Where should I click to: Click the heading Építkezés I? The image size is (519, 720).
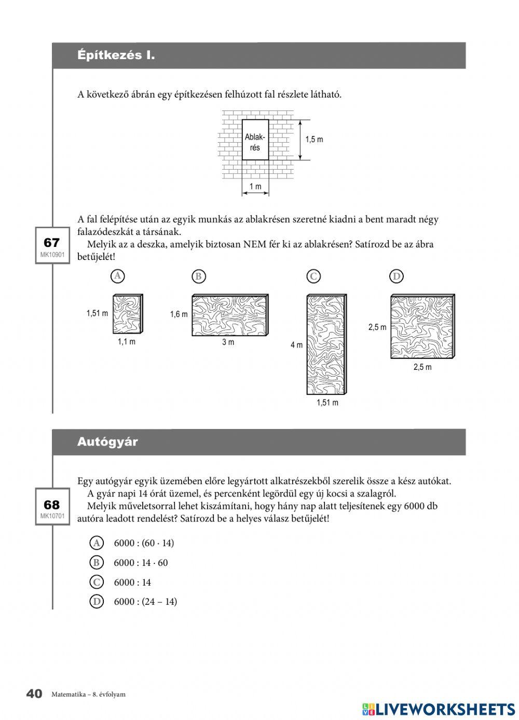click(116, 55)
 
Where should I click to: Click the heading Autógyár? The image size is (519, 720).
click(107, 442)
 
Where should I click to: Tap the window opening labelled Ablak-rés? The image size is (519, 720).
click(255, 140)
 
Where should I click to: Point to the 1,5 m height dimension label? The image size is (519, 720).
click(314, 140)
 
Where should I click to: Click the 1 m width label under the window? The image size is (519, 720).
click(255, 187)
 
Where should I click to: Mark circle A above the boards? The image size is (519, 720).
click(118, 276)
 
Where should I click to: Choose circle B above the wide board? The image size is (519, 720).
click(198, 276)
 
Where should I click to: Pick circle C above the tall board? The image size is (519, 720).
click(313, 276)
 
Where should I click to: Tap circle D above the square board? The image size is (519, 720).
click(397, 276)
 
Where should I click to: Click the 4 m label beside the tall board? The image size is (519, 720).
click(296, 345)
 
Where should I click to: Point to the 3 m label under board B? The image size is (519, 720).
click(228, 342)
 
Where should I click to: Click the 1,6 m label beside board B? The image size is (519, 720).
click(179, 314)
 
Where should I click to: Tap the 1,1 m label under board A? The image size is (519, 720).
click(126, 341)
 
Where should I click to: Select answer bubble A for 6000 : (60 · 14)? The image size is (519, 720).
click(97, 543)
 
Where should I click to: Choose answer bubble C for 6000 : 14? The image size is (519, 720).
click(97, 582)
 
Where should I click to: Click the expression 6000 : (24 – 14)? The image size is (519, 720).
click(145, 602)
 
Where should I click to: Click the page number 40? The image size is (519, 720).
click(34, 694)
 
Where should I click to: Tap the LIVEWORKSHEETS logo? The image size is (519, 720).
click(439, 709)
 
